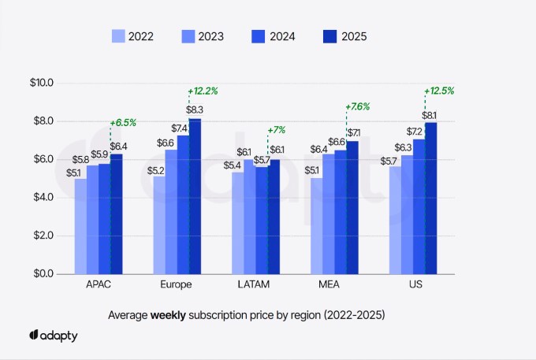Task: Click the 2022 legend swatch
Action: [119, 36]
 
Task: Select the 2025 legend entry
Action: [344, 36]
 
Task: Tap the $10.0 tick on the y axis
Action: [40, 83]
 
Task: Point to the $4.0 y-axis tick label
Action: [40, 197]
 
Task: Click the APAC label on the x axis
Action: [99, 284]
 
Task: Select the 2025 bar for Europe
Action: [195, 196]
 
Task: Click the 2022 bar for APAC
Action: [80, 226]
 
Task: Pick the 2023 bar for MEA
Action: [329, 213]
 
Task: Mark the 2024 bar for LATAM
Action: [262, 221]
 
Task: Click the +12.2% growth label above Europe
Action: [203, 91]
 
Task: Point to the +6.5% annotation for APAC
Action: [124, 123]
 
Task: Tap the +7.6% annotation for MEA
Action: [358, 107]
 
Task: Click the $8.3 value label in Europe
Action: [195, 109]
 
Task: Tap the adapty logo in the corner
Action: [54, 336]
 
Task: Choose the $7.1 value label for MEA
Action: [353, 133]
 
